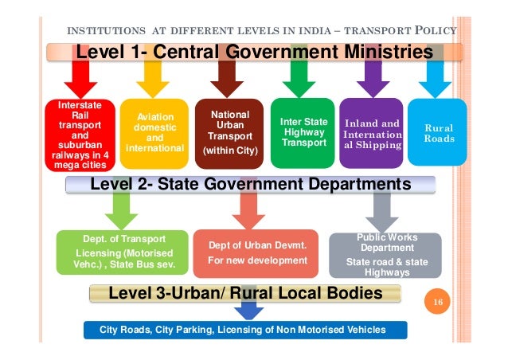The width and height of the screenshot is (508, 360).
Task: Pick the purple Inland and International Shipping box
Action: point(372,134)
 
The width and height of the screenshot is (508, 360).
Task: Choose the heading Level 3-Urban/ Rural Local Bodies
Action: point(245,294)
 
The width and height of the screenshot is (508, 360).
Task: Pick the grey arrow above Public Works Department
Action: point(384,211)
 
